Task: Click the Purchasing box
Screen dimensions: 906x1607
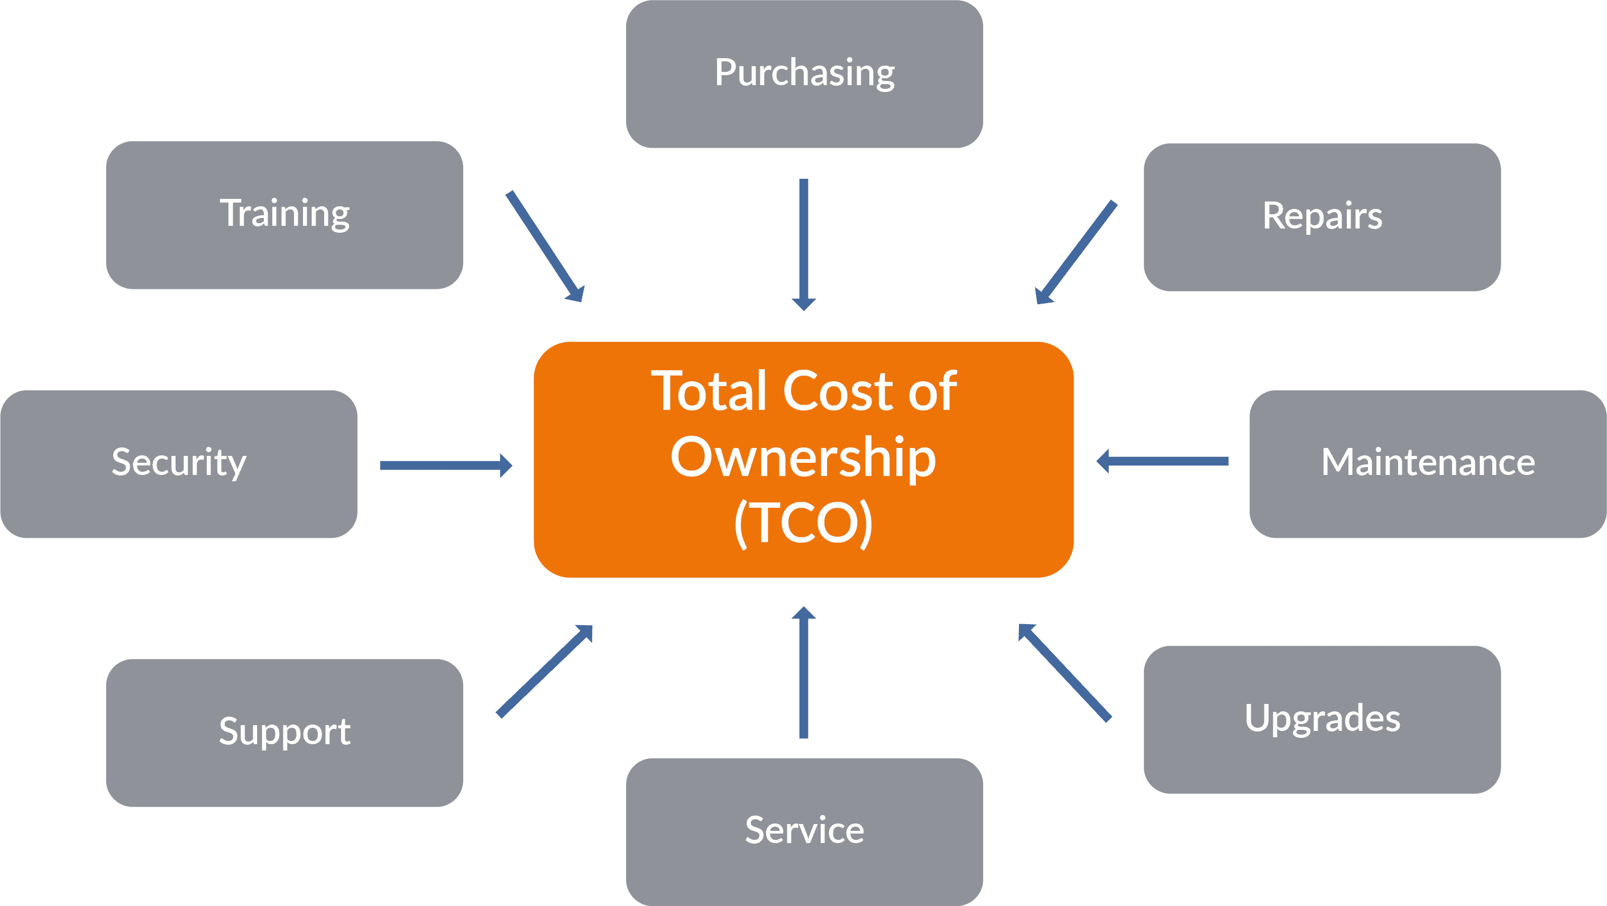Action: coord(804,74)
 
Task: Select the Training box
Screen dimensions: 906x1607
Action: coord(284,215)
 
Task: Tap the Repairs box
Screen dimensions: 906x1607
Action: coord(1322,217)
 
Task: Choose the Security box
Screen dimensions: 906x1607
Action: coord(178,464)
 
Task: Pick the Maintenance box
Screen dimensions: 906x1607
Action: coord(1427,464)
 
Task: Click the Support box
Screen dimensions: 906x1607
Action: coord(284,733)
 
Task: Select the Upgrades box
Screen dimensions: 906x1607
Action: coord(1322,719)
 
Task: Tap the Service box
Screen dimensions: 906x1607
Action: coord(804,831)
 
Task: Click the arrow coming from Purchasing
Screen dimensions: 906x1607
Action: coord(804,243)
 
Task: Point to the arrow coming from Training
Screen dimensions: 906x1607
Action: coord(545,246)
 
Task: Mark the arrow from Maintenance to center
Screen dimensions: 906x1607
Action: coord(1163,462)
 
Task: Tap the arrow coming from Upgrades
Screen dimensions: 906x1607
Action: coord(1064,673)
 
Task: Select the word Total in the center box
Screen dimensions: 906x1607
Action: coord(709,392)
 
